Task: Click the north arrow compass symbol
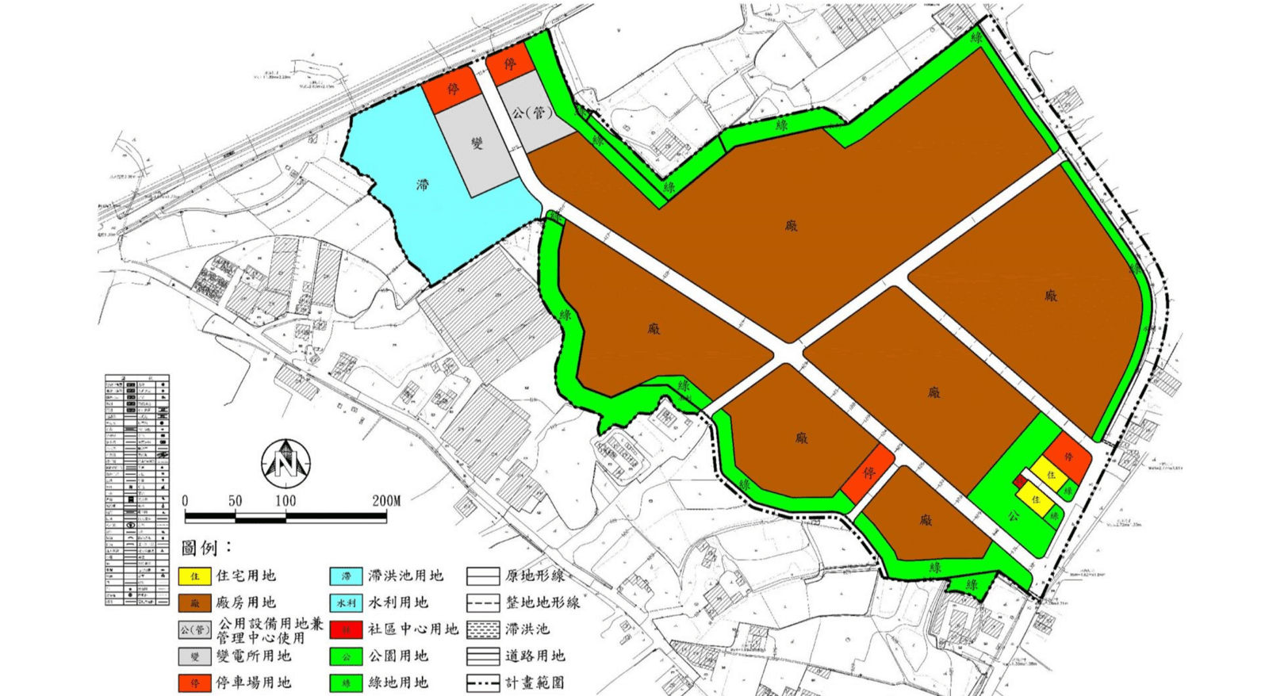coord(286,463)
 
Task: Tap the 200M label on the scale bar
coord(386,501)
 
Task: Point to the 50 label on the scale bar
coord(235,501)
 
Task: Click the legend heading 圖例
coord(205,548)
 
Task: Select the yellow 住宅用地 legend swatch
coord(195,576)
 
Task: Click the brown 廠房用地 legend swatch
coord(195,603)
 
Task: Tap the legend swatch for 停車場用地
coord(195,683)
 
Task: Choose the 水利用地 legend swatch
coord(346,603)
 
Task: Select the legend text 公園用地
coord(397,656)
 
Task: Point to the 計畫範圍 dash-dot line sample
coord(483,683)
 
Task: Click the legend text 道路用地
coord(535,656)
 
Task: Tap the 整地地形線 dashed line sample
coord(483,603)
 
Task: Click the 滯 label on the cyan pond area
coord(423,185)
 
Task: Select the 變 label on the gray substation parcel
coord(477,143)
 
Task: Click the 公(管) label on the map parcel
coord(531,113)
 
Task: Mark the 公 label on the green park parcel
coord(1013,516)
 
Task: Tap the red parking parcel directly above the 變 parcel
coord(452,89)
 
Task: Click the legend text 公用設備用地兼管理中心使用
coord(270,630)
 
